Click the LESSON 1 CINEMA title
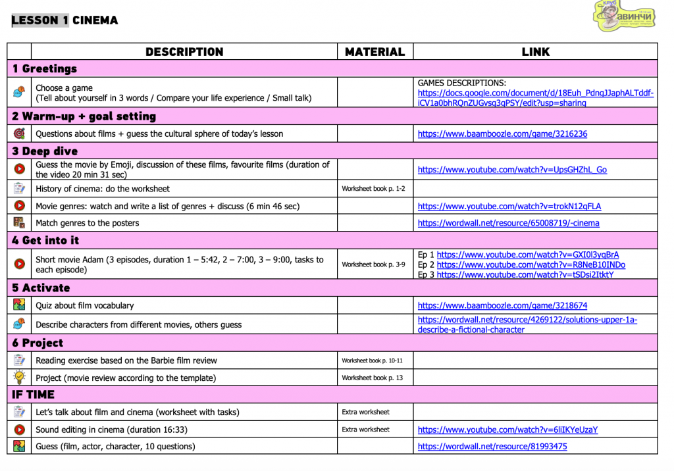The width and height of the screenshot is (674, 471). (x=65, y=20)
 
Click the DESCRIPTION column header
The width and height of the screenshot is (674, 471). (x=184, y=52)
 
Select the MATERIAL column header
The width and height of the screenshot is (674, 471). (x=375, y=52)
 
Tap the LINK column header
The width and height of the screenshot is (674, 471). (x=535, y=52)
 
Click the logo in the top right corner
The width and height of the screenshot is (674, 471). (x=625, y=16)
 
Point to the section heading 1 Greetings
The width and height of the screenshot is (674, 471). (x=44, y=68)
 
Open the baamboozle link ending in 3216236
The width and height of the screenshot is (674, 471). (x=502, y=134)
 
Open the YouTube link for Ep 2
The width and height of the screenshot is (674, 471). (x=531, y=264)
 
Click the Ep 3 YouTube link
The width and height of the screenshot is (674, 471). (x=525, y=274)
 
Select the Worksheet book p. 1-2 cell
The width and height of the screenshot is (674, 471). (x=373, y=189)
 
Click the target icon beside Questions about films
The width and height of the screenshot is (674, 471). (x=19, y=134)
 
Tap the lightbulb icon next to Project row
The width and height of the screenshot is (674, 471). (x=19, y=378)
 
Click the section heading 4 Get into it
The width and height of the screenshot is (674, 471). (x=45, y=240)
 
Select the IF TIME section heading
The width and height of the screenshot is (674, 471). (x=33, y=395)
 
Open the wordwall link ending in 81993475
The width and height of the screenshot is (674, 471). (x=492, y=446)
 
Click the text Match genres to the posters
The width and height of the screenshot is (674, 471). (x=88, y=223)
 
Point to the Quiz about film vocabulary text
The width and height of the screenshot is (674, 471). (x=84, y=305)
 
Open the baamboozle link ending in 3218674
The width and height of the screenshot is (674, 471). (x=502, y=305)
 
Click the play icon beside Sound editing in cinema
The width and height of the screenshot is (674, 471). (x=19, y=430)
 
